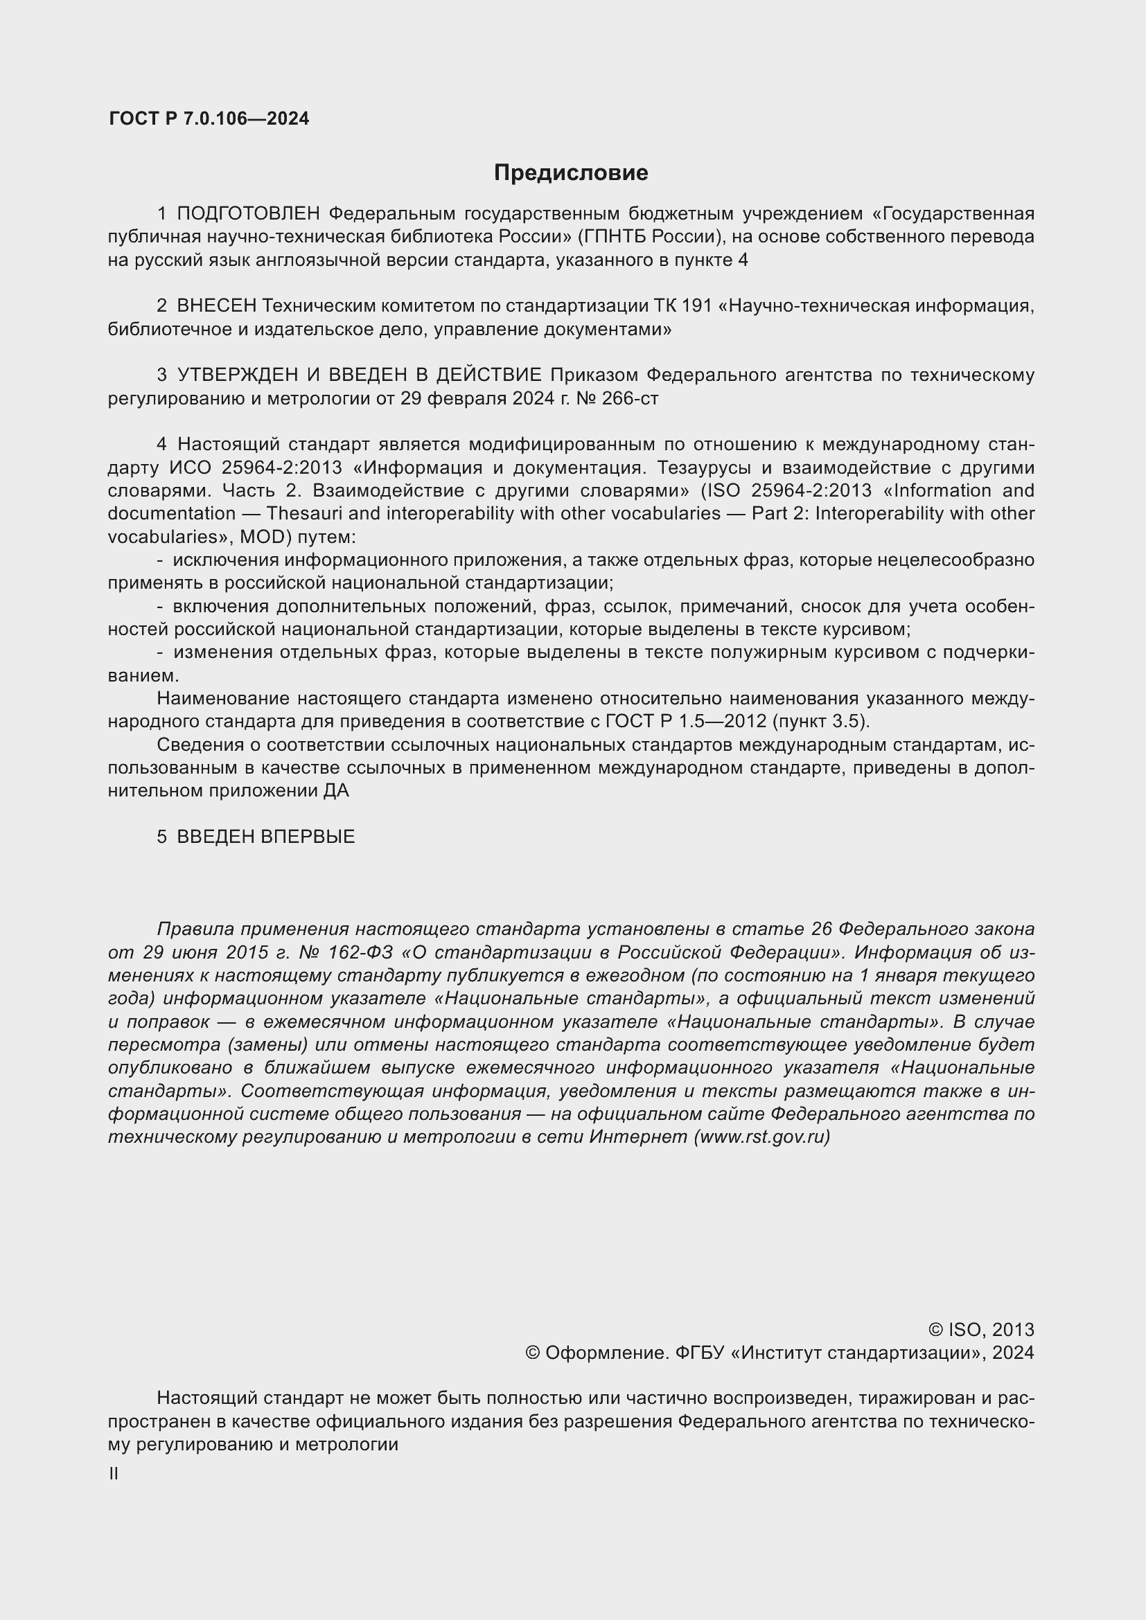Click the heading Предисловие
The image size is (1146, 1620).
pyautogui.click(x=570, y=173)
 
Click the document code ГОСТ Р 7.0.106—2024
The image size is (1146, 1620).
pyautogui.click(x=209, y=118)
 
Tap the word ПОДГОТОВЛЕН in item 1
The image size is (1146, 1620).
pyautogui.click(x=249, y=214)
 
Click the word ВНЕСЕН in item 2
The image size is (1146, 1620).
pyautogui.click(x=216, y=306)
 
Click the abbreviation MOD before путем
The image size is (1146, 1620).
pyautogui.click(x=265, y=537)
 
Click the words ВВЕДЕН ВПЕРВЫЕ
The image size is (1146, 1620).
pyautogui.click(x=265, y=837)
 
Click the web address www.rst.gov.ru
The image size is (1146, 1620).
pyautogui.click(x=762, y=1137)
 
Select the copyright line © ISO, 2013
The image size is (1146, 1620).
pyautogui.click(x=981, y=1330)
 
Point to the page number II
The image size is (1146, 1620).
pyautogui.click(x=114, y=1474)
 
